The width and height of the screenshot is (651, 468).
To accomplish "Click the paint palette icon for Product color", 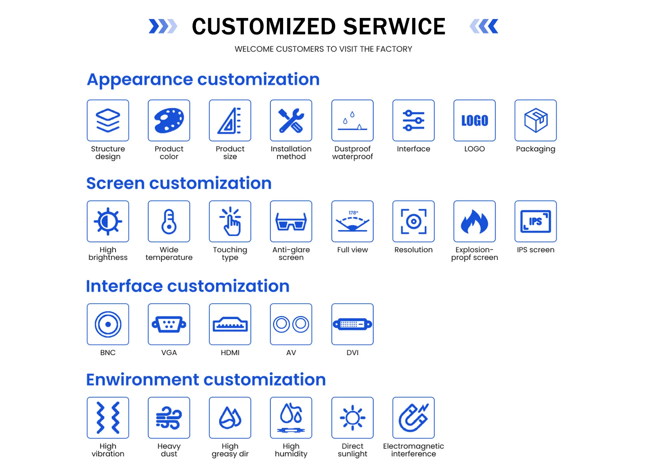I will (x=169, y=120).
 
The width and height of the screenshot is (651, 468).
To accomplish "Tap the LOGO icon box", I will (x=474, y=120).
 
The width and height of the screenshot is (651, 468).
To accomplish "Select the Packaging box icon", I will (x=535, y=120).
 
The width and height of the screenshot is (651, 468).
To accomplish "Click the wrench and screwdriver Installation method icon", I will (x=291, y=120).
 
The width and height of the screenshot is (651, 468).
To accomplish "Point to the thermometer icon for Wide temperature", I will (x=169, y=221).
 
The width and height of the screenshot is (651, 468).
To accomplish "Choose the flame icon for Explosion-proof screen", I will (x=474, y=221).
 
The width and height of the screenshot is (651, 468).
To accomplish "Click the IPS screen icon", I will (x=535, y=221).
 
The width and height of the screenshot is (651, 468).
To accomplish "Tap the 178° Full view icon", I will (x=352, y=221).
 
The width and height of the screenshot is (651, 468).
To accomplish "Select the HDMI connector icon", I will (x=230, y=324).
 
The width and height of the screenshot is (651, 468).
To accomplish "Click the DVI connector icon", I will (x=352, y=324).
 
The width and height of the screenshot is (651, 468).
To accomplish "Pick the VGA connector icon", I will (x=169, y=324).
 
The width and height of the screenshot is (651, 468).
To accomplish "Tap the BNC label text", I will (x=108, y=352).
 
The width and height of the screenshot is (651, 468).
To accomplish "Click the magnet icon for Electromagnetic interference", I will (x=413, y=418).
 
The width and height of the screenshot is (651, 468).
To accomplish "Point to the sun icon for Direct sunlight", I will (x=352, y=418).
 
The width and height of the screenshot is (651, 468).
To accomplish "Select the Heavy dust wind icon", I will (x=169, y=418).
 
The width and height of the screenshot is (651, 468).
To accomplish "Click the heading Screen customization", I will (x=179, y=183).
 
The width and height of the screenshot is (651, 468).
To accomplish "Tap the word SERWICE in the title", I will (x=394, y=26).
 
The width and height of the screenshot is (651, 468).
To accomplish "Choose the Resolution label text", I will (x=413, y=250).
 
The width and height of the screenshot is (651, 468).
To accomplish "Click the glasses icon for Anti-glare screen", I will (x=291, y=221).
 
